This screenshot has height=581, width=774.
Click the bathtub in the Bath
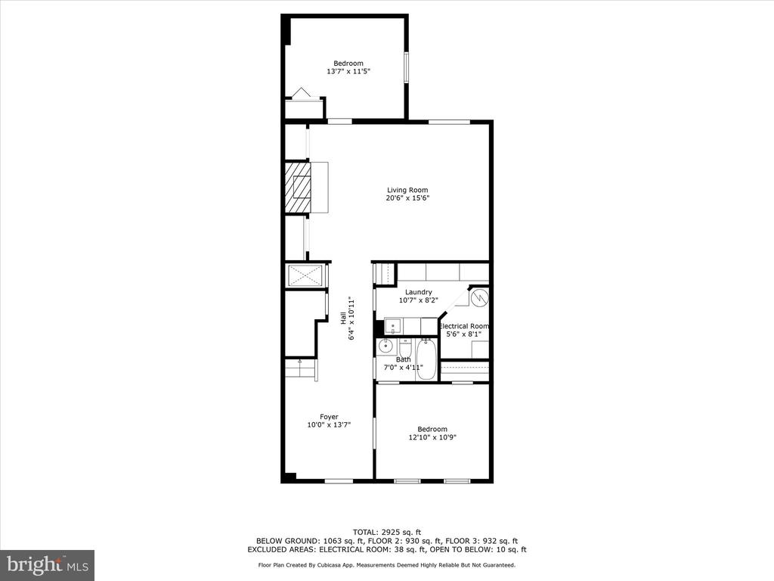[426, 359]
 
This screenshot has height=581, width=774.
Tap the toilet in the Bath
[405, 346]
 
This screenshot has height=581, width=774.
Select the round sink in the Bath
[385, 346]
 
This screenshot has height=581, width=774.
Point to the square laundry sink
[393, 326]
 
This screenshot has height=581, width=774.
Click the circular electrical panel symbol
[478, 298]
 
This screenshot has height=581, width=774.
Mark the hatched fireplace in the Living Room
[297, 188]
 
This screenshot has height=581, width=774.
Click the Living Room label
[407, 190]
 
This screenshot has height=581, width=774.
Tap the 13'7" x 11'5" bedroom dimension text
[348, 71]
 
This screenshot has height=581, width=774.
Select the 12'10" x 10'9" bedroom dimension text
[432, 437]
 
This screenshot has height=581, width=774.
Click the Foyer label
[329, 417]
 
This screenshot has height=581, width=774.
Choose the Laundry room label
[419, 292]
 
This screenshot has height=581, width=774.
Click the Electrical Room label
[464, 326]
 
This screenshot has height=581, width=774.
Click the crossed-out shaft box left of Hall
[305, 275]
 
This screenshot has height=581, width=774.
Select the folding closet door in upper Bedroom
[301, 93]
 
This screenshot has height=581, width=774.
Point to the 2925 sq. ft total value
[401, 532]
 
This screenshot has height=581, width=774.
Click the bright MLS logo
[48, 564]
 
